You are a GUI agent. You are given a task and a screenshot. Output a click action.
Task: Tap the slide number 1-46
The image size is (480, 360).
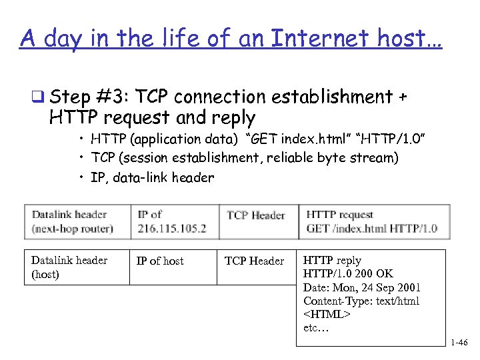pos(459,342)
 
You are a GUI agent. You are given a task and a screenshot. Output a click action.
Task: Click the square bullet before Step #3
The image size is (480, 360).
pos(39,98)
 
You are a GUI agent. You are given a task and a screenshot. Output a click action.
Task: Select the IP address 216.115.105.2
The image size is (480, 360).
pos(172,228)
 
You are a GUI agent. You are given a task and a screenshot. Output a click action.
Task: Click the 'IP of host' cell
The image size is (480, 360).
pos(160,261)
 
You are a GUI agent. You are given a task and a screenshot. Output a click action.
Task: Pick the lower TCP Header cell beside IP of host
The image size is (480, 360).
pos(254,261)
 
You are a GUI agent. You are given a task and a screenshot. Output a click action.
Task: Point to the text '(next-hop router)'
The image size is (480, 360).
pos(72,228)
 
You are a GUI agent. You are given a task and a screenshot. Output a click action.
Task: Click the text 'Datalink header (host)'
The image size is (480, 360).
pos(69,267)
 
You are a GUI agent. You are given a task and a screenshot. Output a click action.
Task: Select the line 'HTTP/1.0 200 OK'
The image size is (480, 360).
pos(348,273)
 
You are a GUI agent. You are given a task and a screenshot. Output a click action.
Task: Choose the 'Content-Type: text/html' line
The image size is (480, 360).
pos(361,301)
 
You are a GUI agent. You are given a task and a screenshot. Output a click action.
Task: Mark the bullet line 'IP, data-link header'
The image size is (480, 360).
pos(152,177)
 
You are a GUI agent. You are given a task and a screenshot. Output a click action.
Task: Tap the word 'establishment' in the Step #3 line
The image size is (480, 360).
pos(332,97)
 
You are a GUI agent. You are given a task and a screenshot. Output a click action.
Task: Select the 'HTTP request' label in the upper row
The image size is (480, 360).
pos(340,215)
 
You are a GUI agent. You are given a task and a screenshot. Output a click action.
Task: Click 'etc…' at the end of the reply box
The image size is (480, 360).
pos(316,327)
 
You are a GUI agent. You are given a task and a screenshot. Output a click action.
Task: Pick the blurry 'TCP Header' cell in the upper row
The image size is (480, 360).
pos(256,215)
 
